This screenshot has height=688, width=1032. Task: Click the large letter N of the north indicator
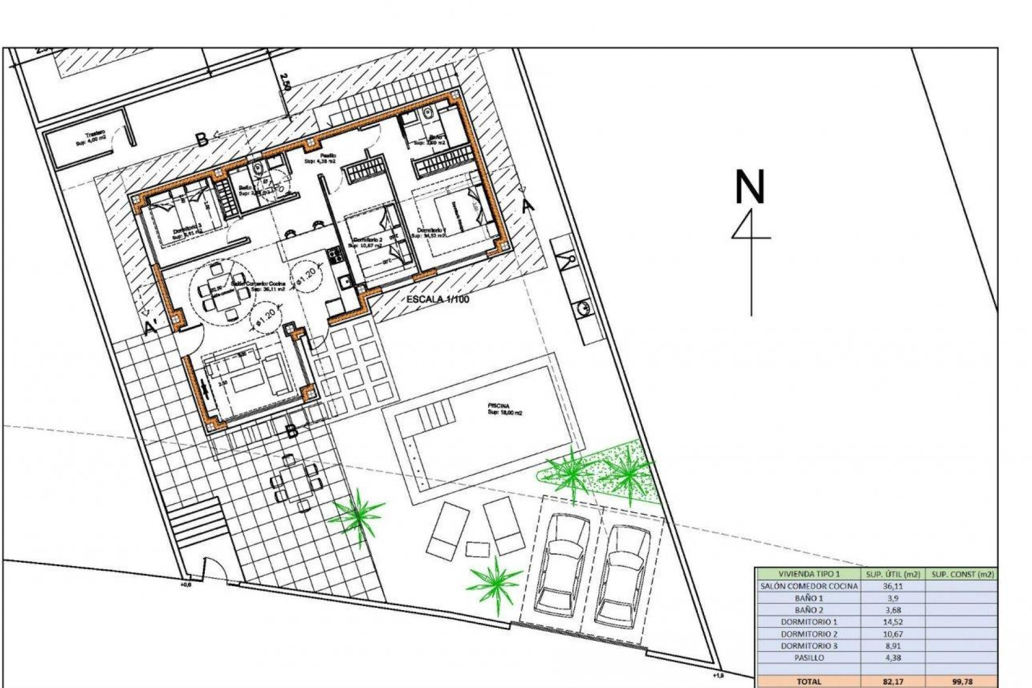[750, 187]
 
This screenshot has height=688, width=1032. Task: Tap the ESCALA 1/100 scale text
[438, 299]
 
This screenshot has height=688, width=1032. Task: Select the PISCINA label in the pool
[499, 406]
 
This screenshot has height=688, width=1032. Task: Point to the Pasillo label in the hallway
[328, 155]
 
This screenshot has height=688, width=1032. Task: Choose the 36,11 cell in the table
[892, 586]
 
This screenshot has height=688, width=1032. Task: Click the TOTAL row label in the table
[809, 682]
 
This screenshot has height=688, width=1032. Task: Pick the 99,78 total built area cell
[962, 682]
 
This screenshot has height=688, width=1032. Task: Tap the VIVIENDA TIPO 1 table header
[809, 574]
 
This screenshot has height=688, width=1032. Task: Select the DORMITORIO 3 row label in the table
[809, 646]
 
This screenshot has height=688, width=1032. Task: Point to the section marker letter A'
[152, 327]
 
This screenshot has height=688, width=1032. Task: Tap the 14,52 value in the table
[892, 622]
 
